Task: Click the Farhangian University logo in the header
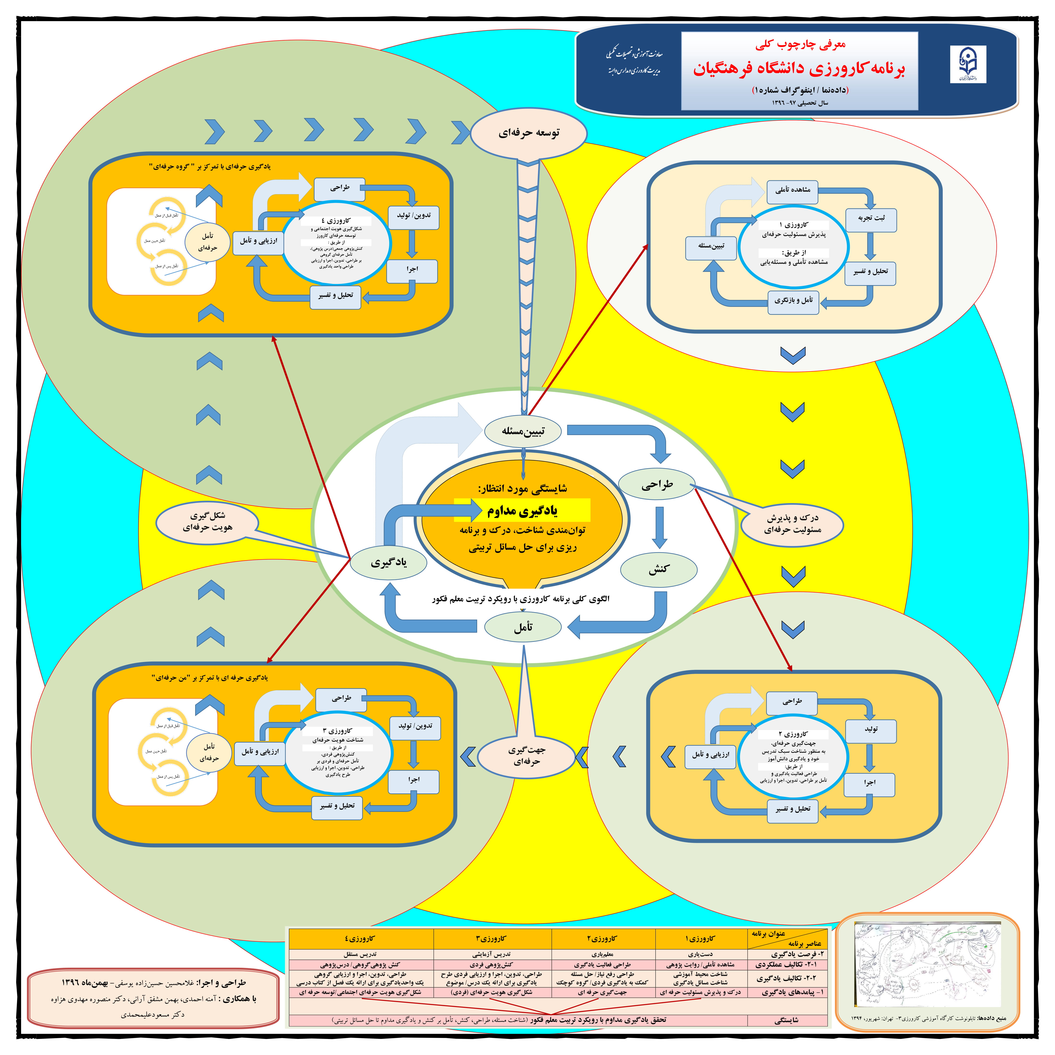pos(968,64)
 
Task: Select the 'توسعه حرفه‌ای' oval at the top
pos(529,133)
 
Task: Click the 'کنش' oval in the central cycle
pos(659,569)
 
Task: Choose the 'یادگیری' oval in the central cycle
pos(388,563)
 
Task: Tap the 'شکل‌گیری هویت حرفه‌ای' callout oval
pos(207,522)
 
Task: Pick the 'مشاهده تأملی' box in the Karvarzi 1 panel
pos(793,190)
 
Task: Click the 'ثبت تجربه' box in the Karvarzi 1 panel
pos(871,218)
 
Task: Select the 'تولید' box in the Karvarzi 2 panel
pos(871,730)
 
